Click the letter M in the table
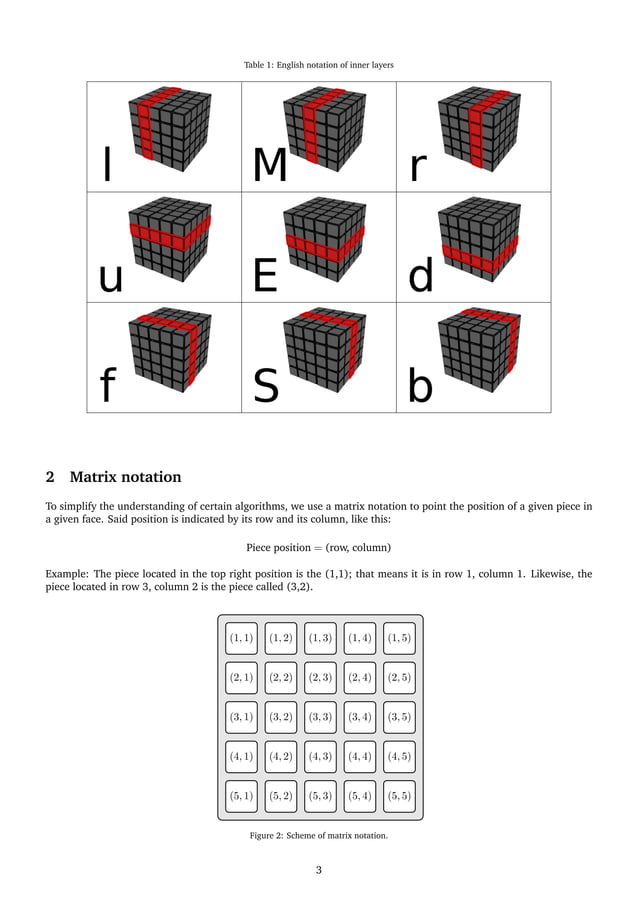click(x=269, y=166)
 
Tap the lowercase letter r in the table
click(x=418, y=168)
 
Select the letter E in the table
click(x=265, y=276)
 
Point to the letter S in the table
click(x=266, y=386)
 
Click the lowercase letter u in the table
click(x=110, y=279)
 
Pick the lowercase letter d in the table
click(x=421, y=276)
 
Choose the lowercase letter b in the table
click(x=420, y=386)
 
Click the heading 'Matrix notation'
click(x=125, y=476)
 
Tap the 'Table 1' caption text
click(x=318, y=65)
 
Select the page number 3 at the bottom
click(x=319, y=870)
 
